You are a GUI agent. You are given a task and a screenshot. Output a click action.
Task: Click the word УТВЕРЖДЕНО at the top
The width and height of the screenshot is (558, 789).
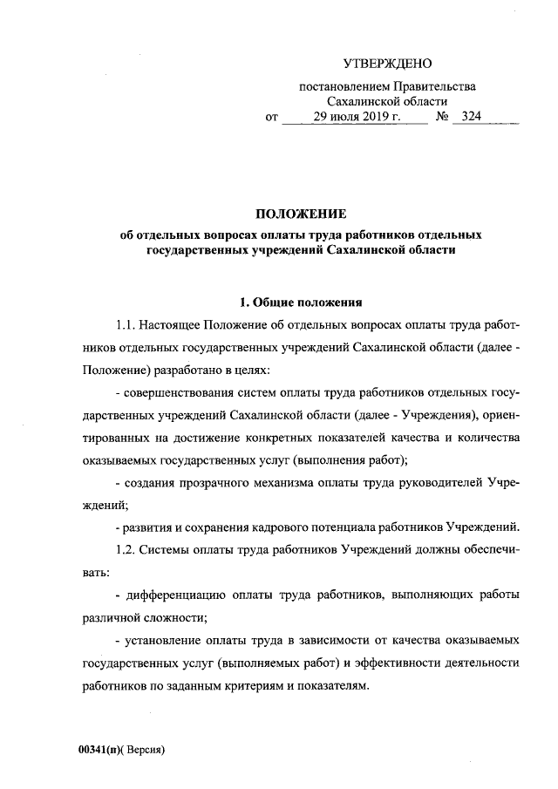coord(388,62)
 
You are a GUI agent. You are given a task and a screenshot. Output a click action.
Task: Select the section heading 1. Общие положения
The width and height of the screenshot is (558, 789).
coord(300,303)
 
